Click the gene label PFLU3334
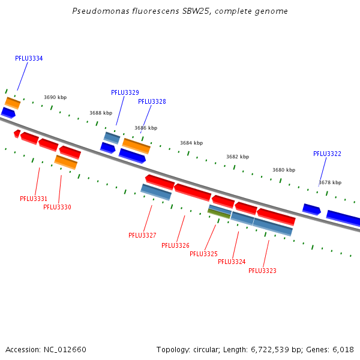point(29,59)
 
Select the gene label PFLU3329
point(125,93)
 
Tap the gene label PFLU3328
point(152,102)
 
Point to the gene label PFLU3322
point(327,154)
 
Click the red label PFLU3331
point(34,199)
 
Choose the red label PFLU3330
point(57,208)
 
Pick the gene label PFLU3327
point(142,236)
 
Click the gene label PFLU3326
point(175,245)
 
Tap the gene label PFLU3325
point(203,254)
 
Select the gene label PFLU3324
point(232,262)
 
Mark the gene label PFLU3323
point(262,271)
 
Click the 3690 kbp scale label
point(55,97)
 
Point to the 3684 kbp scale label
point(191,143)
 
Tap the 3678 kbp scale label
point(329,182)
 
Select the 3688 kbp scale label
point(101,113)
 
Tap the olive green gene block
point(219,214)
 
